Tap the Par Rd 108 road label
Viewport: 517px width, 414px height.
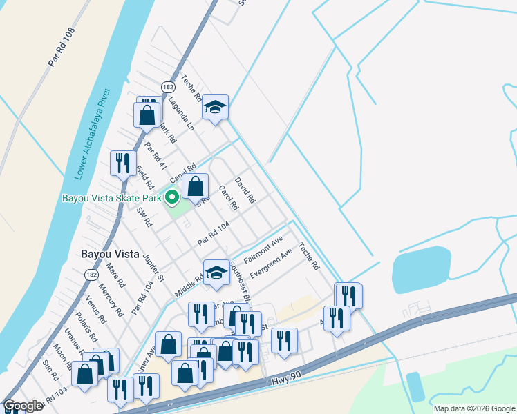pyautogui.click(x=61, y=48)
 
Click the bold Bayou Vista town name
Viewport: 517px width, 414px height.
pyautogui.click(x=109, y=253)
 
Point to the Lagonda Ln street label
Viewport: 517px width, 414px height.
pyautogui.click(x=181, y=114)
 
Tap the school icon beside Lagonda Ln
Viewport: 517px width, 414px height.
pyautogui.click(x=215, y=107)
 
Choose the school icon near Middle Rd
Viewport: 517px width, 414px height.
pyautogui.click(x=216, y=273)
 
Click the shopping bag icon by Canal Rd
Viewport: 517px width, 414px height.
pyautogui.click(x=196, y=186)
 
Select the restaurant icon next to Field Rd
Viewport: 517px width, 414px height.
pyautogui.click(x=123, y=164)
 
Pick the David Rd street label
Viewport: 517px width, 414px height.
pyautogui.click(x=245, y=190)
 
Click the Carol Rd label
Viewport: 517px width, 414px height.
pyautogui.click(x=228, y=197)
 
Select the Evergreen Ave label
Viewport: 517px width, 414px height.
pyautogui.click(x=271, y=266)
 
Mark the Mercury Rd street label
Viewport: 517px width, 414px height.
pyautogui.click(x=111, y=302)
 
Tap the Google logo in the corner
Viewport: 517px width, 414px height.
pyautogui.click(x=23, y=406)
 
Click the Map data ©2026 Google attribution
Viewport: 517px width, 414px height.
pyautogui.click(x=474, y=408)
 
